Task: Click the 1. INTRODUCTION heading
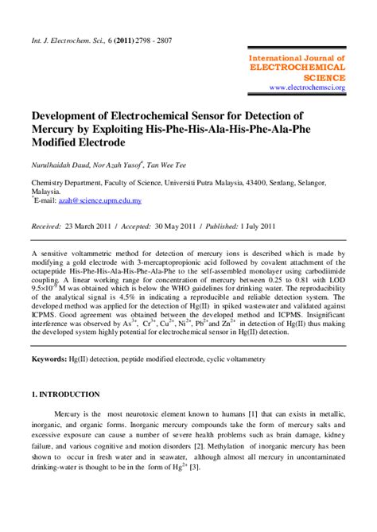coord(66,394)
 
